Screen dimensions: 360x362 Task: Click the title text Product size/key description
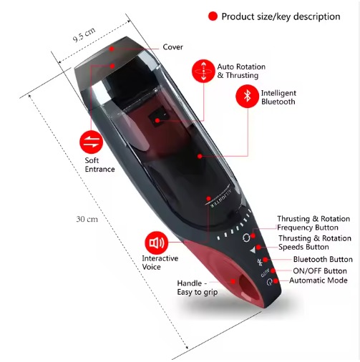click(281, 16)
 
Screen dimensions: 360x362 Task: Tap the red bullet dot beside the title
click(213, 16)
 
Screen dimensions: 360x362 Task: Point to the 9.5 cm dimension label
click(84, 35)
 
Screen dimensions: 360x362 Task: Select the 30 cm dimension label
click(87, 219)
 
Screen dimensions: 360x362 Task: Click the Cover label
click(172, 47)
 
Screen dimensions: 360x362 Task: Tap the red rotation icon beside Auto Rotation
click(203, 71)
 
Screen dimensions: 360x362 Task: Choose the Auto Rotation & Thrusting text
click(241, 71)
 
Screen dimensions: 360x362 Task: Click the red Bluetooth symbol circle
click(247, 97)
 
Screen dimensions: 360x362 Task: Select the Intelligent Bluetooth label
click(278, 97)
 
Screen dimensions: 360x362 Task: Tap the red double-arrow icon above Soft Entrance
click(91, 142)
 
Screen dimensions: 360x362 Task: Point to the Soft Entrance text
click(99, 165)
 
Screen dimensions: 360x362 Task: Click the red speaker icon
click(157, 243)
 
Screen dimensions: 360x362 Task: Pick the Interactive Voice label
click(160, 263)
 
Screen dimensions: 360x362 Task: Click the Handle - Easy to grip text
click(198, 288)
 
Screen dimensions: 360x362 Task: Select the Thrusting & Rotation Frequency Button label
click(313, 223)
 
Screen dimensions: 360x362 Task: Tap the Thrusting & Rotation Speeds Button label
click(315, 243)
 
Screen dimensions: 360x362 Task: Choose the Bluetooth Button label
click(323, 259)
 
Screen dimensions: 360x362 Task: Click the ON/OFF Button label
click(320, 271)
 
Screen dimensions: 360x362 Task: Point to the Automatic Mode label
click(318, 280)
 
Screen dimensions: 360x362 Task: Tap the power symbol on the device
click(269, 282)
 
